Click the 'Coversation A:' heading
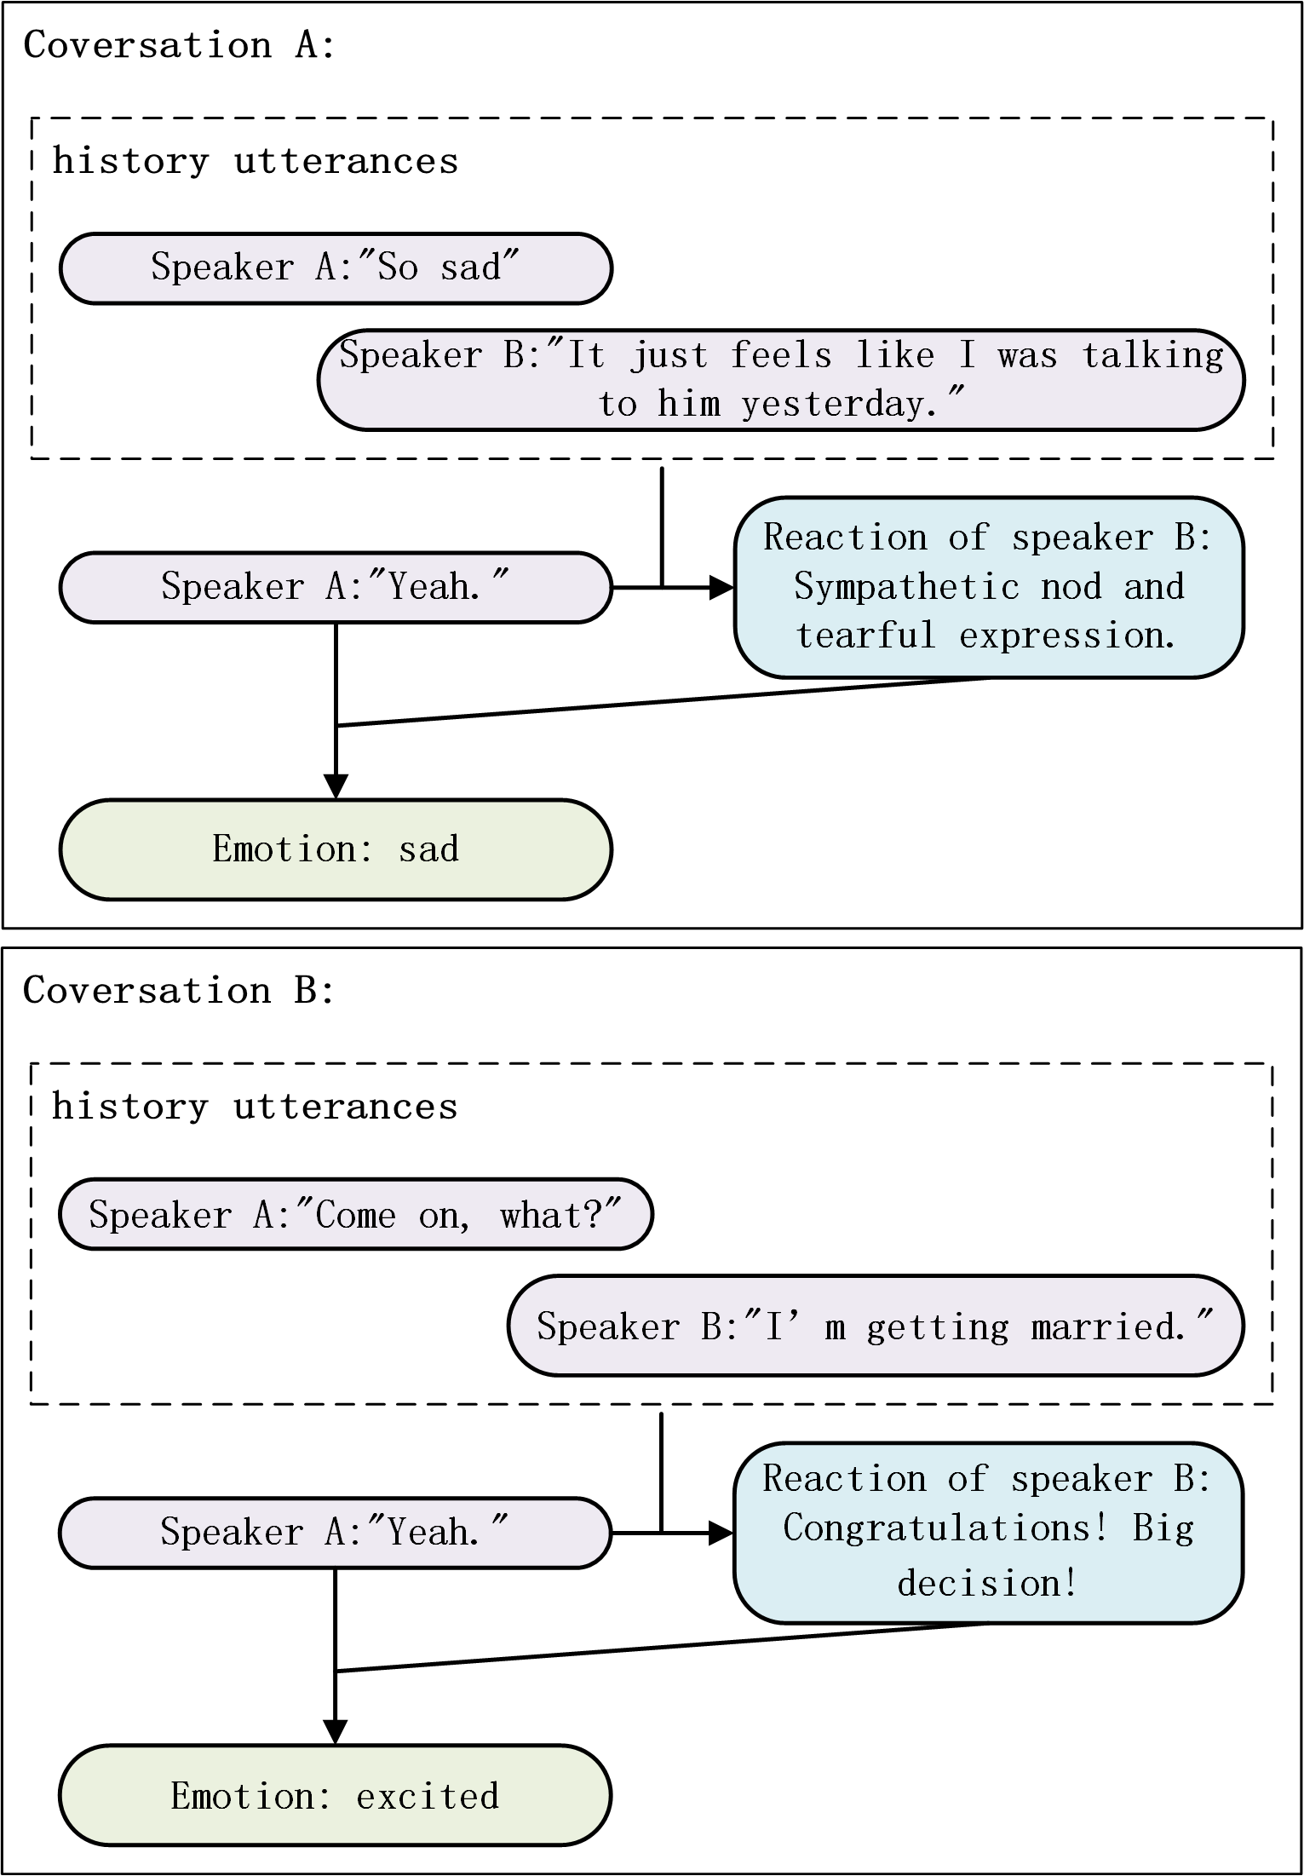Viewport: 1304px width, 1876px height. pyautogui.click(x=179, y=45)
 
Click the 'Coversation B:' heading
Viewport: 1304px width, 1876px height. pyautogui.click(x=179, y=990)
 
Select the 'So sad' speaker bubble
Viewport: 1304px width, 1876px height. pyautogui.click(x=336, y=268)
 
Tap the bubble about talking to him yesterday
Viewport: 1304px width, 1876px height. pyautogui.click(x=780, y=379)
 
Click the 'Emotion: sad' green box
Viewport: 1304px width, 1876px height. pyautogui.click(x=336, y=849)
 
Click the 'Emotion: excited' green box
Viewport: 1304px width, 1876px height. pyautogui.click(x=336, y=1795)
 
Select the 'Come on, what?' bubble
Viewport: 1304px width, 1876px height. pyautogui.click(x=355, y=1214)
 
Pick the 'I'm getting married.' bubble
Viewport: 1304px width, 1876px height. pyautogui.click(x=875, y=1326)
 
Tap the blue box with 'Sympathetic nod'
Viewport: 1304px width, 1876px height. pyautogui.click(x=988, y=587)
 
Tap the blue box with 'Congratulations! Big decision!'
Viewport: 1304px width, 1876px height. pyautogui.click(x=988, y=1533)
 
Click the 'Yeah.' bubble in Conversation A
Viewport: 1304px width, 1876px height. pyautogui.click(x=336, y=587)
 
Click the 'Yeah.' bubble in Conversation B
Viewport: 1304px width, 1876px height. pyautogui.click(x=336, y=1533)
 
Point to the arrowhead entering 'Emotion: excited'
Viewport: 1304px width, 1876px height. pyautogui.click(x=336, y=1732)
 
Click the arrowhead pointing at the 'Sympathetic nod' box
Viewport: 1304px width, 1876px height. pyautogui.click(x=722, y=587)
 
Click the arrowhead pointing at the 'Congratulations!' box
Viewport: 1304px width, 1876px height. pyautogui.click(x=721, y=1533)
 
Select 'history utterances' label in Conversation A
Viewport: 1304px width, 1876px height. pyautogui.click(x=255, y=161)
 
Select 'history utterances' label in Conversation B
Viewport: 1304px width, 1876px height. pyautogui.click(x=255, y=1107)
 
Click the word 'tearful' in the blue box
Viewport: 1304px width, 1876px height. pyautogui.click(x=865, y=636)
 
